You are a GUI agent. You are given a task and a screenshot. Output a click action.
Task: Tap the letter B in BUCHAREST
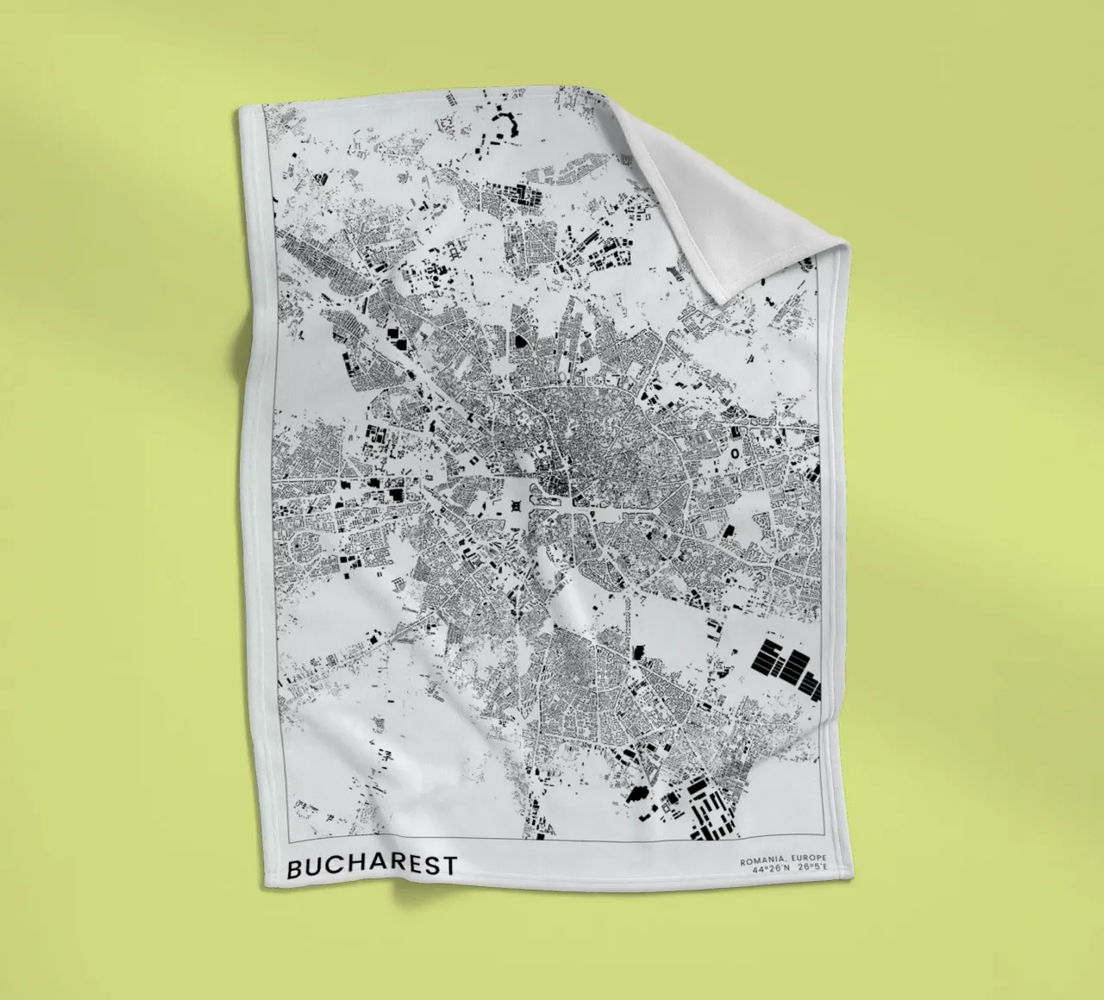(294, 868)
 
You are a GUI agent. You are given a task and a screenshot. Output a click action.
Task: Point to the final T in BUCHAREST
(449, 866)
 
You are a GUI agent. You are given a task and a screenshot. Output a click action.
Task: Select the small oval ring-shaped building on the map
(735, 452)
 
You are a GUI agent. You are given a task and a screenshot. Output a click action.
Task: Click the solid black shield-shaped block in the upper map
(522, 342)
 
